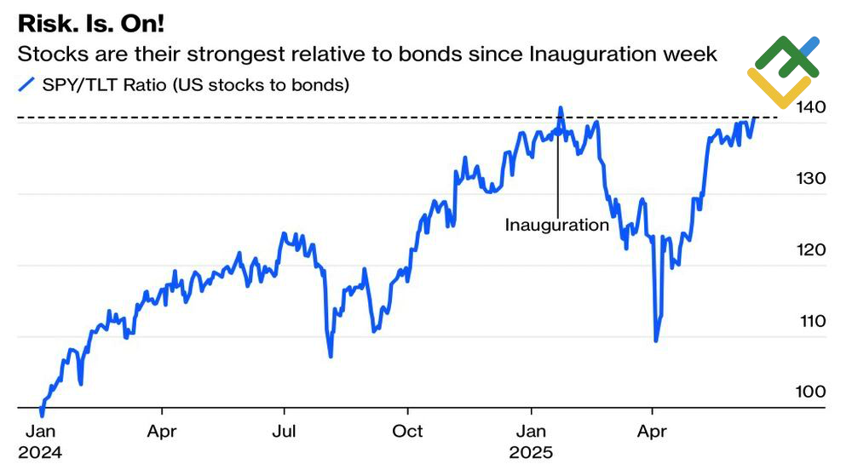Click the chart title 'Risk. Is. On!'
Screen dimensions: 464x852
[x=92, y=23]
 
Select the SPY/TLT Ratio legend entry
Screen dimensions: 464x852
[x=183, y=84]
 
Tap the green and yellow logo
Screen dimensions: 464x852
[x=783, y=72]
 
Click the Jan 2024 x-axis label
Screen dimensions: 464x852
[x=40, y=440]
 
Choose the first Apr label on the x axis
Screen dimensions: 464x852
[x=162, y=431]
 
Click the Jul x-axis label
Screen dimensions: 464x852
[x=285, y=431]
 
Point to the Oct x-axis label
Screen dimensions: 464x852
[x=407, y=431]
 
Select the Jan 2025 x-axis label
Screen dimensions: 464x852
[x=532, y=440]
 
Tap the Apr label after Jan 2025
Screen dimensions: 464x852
[x=653, y=431]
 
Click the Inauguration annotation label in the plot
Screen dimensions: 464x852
[x=556, y=226]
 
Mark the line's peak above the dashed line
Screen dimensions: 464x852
[x=561, y=108]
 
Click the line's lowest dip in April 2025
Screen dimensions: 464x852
[x=655, y=341]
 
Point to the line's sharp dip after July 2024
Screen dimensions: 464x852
[x=330, y=356]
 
